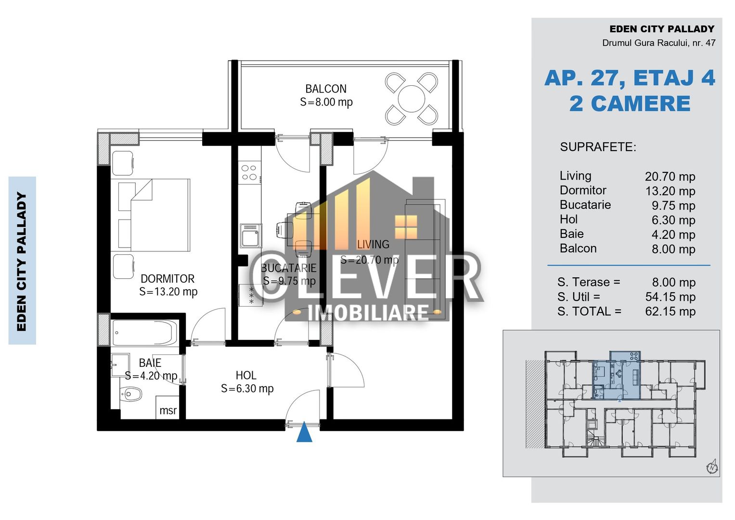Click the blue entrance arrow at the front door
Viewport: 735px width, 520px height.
pyautogui.click(x=304, y=432)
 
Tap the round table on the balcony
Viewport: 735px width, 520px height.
pyautogui.click(x=412, y=99)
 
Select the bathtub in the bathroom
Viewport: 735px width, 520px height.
pyautogui.click(x=145, y=333)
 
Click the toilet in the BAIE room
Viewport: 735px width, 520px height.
pyautogui.click(x=131, y=394)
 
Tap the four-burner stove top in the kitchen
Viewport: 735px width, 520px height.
pyautogui.click(x=249, y=173)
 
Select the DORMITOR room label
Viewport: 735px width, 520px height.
pyautogui.click(x=168, y=279)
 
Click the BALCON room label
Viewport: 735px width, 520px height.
pyautogui.click(x=326, y=89)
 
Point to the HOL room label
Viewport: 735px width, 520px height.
pyautogui.click(x=246, y=376)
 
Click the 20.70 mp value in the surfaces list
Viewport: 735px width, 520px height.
pyautogui.click(x=670, y=177)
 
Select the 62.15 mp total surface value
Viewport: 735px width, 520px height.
pyautogui.click(x=670, y=312)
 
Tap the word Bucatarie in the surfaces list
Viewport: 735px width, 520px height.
pyautogui.click(x=585, y=205)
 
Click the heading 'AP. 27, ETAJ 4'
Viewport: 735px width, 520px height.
pyautogui.click(x=630, y=78)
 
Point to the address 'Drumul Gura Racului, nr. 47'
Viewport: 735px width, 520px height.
pyautogui.click(x=658, y=43)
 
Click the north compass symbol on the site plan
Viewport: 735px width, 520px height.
pyautogui.click(x=712, y=467)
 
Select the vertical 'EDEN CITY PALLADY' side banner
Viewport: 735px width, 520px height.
pyautogui.click(x=22, y=260)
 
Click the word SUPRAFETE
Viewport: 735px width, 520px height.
pyautogui.click(x=598, y=147)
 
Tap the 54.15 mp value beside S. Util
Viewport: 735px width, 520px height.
pyautogui.click(x=670, y=297)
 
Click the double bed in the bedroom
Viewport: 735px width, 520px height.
pyautogui.click(x=154, y=215)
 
